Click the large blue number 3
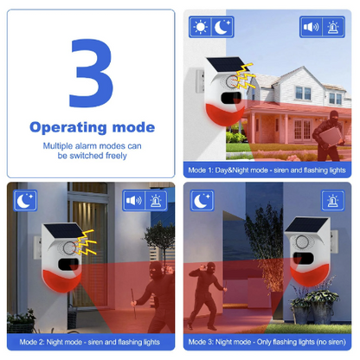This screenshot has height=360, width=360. pos(91,74)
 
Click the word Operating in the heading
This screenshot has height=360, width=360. pos(68,127)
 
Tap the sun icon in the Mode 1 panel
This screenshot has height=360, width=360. pos(201,27)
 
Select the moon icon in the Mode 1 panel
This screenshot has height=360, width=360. pos(222,27)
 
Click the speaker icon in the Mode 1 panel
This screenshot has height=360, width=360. pos(311,27)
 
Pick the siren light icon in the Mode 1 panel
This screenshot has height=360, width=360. pos(333,27)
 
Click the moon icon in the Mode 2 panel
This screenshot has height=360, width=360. pos(25,201)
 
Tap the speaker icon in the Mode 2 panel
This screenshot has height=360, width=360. pos(134,201)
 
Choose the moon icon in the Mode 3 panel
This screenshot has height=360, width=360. pos(202,201)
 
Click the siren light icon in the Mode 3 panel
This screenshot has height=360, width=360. pos(333,201)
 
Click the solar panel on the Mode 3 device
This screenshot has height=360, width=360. pos(307,225)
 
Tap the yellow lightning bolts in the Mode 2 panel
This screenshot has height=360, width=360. pos(86,242)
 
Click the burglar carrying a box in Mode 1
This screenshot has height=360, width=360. pos(328,136)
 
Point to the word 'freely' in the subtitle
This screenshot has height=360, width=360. pos(116,156)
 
